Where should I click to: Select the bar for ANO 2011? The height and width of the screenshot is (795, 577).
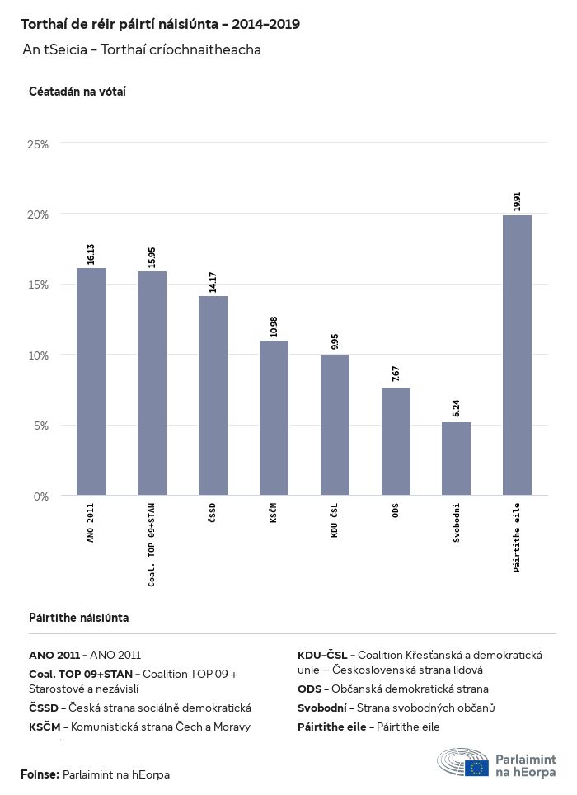[x=91, y=381]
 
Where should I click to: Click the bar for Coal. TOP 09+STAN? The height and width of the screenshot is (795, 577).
[x=152, y=383]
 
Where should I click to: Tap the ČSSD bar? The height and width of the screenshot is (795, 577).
[x=213, y=395]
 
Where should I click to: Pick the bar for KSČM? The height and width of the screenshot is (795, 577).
[x=274, y=417]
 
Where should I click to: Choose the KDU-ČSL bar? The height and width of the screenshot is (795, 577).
[x=335, y=425]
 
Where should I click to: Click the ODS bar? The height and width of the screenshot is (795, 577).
[x=396, y=441]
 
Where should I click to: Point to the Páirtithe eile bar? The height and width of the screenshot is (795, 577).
[x=517, y=355]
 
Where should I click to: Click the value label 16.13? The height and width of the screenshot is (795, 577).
[x=91, y=253]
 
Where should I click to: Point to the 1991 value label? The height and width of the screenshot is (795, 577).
[x=517, y=201]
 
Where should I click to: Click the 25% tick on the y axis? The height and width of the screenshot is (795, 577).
[x=39, y=144]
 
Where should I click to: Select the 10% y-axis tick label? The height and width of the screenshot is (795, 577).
[x=39, y=355]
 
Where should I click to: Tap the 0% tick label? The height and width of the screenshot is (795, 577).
[x=41, y=496]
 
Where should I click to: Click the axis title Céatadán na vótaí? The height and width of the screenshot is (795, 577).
[x=77, y=92]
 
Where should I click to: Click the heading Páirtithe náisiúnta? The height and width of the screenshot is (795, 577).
[x=78, y=617]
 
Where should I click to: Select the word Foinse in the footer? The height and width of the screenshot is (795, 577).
[x=40, y=774]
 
